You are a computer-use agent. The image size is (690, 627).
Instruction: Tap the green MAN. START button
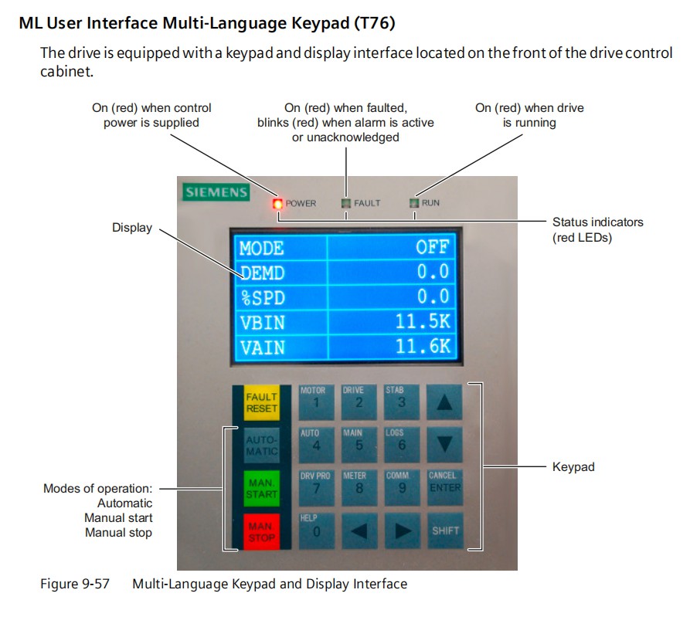261,489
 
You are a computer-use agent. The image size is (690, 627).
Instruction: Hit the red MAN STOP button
261,531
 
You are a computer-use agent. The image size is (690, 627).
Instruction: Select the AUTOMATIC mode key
261,446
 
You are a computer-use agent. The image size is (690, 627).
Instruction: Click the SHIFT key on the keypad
445,530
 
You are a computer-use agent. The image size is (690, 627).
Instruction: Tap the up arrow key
444,402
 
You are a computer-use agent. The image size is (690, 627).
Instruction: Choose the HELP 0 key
316,530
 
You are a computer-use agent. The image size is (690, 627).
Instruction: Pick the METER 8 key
359,487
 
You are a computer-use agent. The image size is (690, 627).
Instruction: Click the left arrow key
359,530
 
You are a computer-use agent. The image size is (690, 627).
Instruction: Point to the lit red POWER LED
277,204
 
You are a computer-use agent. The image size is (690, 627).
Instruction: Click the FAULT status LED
346,203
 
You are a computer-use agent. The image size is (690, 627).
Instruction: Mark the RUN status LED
414,203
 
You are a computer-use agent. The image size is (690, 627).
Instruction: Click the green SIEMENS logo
216,192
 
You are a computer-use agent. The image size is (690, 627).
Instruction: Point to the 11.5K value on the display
423,321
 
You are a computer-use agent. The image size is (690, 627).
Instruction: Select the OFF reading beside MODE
432,247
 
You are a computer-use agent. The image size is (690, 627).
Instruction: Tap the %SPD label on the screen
263,298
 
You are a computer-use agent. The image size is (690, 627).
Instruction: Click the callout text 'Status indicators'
597,222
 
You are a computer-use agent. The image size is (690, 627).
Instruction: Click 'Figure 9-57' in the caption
75,584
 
